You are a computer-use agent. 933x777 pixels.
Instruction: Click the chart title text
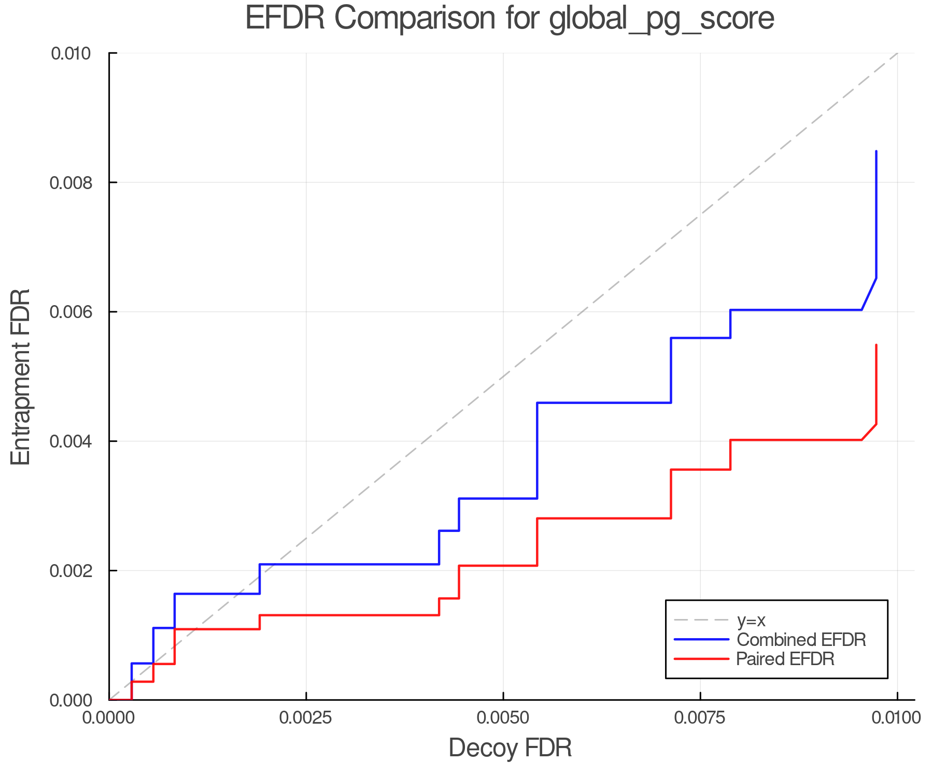[510, 18]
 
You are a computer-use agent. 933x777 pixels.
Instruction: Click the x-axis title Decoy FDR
[510, 748]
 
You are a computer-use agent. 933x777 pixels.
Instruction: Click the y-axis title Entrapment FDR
[21, 377]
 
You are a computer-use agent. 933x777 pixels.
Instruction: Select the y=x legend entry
[751, 620]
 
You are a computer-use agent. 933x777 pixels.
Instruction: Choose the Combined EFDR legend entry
[801, 640]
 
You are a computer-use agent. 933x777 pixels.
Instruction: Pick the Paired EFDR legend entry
[785, 659]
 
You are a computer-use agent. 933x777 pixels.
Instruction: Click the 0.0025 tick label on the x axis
[306, 718]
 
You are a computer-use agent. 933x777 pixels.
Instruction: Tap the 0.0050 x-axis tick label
[503, 718]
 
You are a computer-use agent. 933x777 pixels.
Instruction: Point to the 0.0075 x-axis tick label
[700, 718]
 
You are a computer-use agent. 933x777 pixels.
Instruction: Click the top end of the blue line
[876, 151]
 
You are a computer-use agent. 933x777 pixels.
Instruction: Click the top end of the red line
[876, 345]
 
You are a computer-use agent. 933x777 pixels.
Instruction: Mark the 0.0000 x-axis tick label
[109, 718]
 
